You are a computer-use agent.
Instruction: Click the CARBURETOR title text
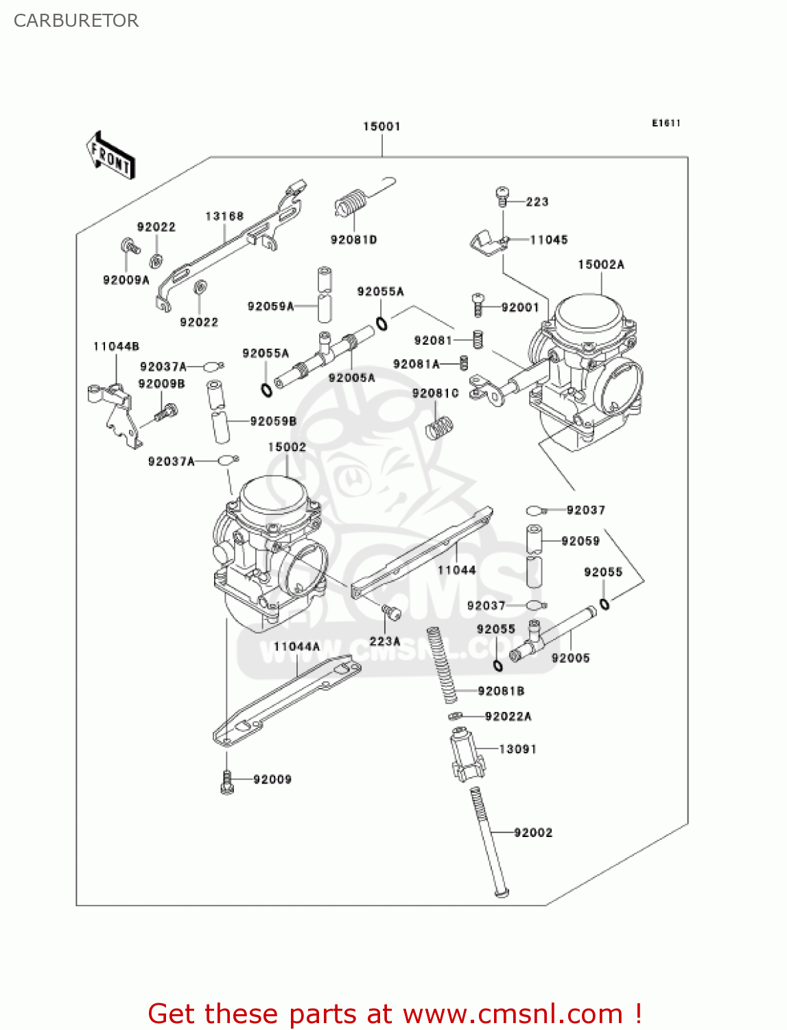pos(76,21)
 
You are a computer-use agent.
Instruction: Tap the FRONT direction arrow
pos(110,156)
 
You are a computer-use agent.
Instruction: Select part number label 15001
pos(381,126)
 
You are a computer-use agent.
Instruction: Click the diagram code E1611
pos(666,123)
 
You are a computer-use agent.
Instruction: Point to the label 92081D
pos(353,240)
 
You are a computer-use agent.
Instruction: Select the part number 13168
pos(224,216)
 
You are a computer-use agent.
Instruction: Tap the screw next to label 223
pos(502,196)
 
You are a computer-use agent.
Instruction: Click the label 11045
pos(548,240)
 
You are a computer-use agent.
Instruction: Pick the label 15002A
pos(601,264)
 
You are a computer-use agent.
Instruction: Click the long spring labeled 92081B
pos(442,664)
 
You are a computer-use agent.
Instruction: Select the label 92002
pos(533,832)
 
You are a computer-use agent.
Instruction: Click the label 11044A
pos(296,646)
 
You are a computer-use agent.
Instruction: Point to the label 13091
pos(517,749)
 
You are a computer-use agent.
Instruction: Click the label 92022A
pos(508,716)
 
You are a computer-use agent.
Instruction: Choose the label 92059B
pos(273,421)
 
